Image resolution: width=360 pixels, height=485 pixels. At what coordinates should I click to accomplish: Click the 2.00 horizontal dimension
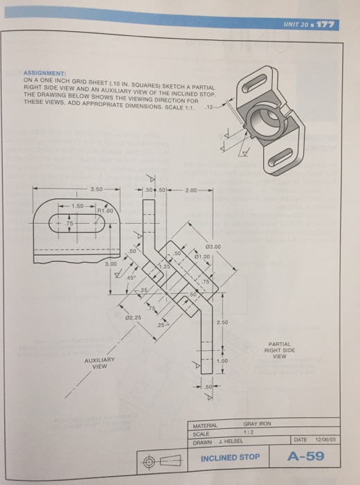pyautogui.click(x=191, y=188)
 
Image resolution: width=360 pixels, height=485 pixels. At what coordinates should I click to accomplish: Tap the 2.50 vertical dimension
pyautogui.click(x=219, y=323)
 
